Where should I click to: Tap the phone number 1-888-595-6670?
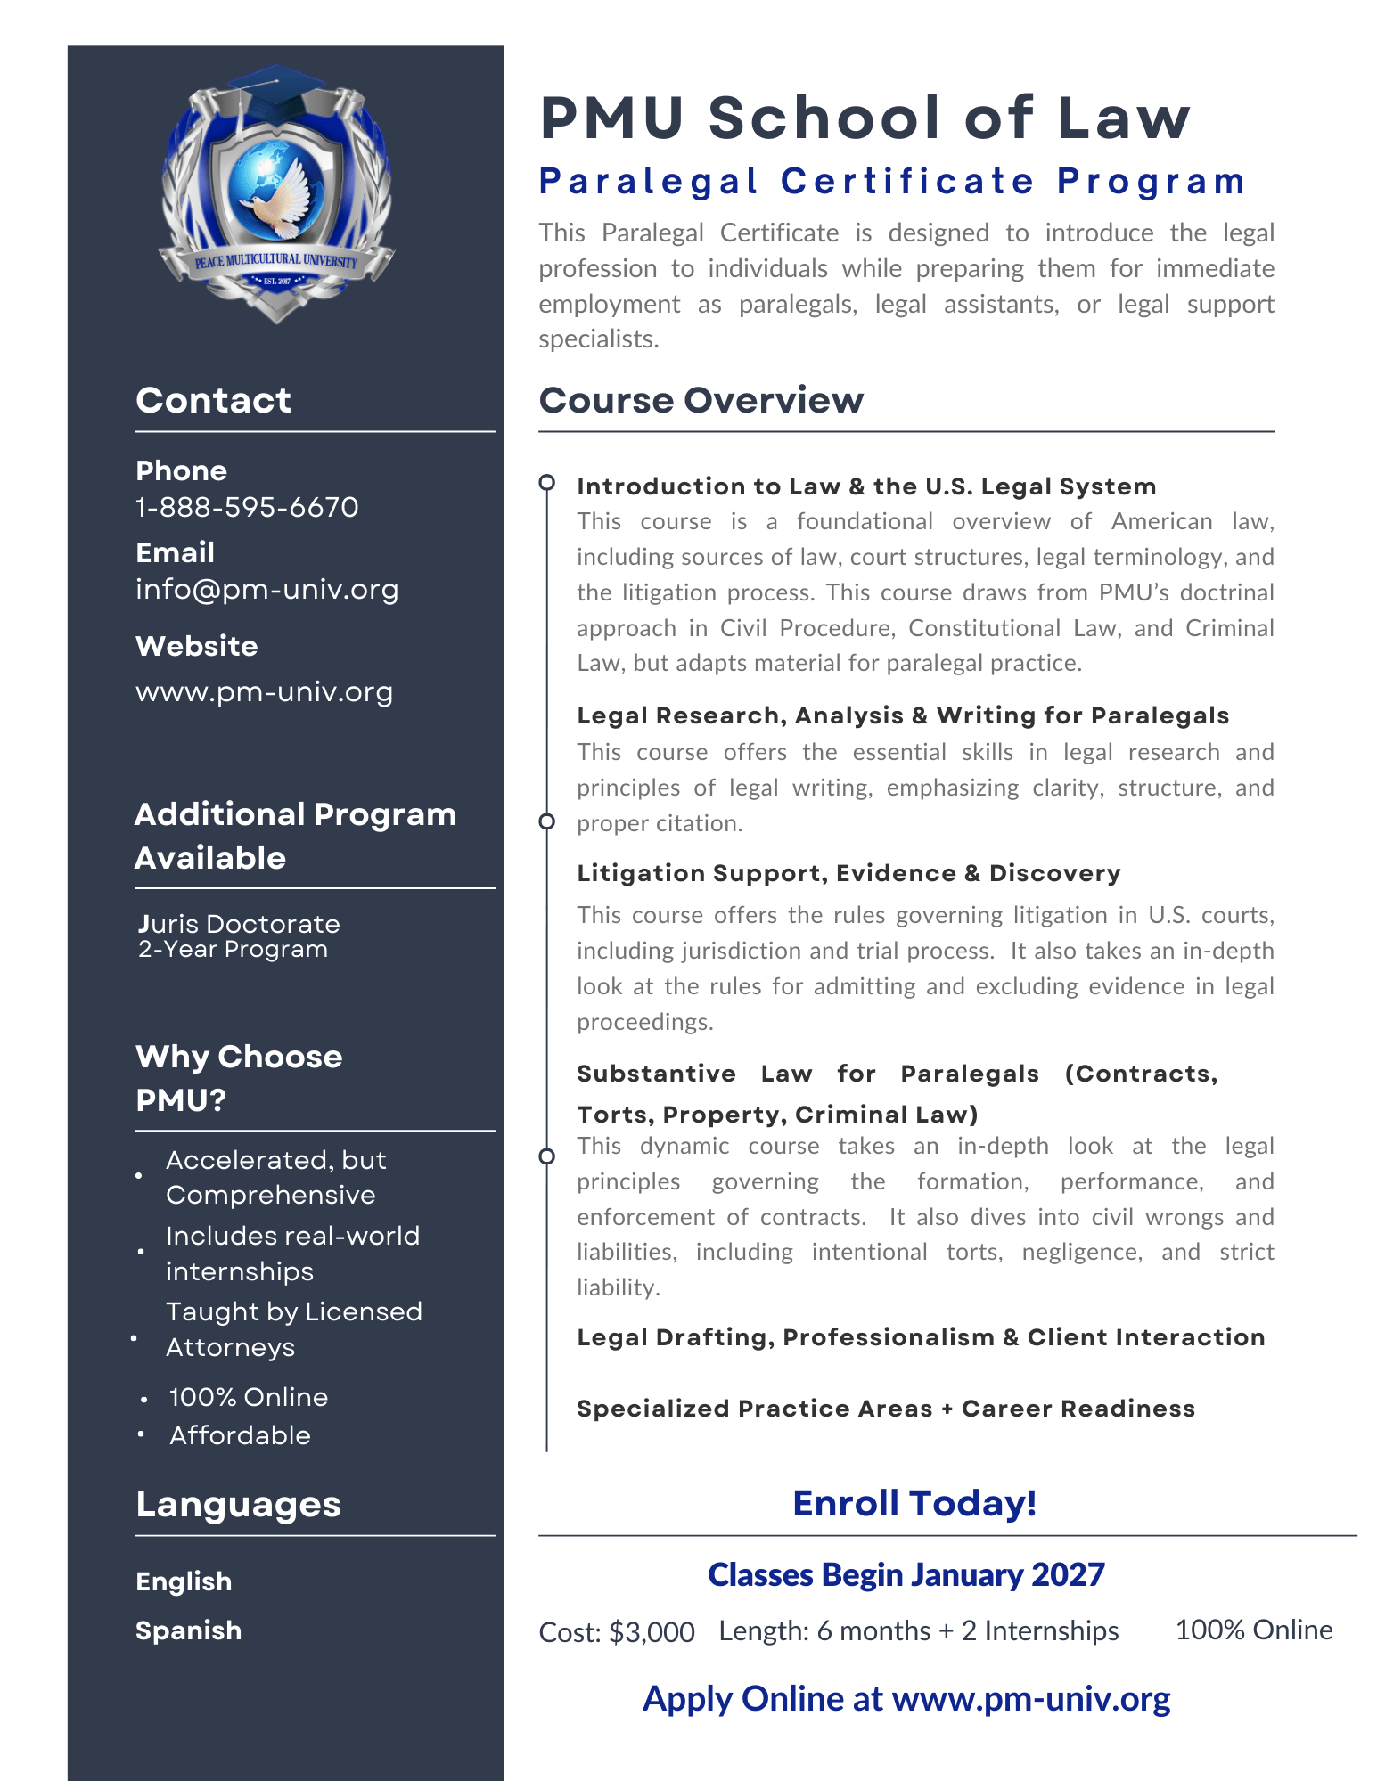coord(247,507)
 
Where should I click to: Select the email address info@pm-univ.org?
coord(266,589)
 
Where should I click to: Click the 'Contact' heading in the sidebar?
coord(213,400)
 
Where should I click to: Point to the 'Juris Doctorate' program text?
coord(239,924)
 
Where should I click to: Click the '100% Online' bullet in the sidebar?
coord(248,1397)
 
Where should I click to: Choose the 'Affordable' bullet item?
coord(240,1435)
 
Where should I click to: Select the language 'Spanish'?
coord(188,1630)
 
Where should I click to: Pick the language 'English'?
coord(184,1581)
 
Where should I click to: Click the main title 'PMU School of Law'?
coord(865,118)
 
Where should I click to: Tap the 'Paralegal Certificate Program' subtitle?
coord(892,182)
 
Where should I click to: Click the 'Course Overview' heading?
coord(701,400)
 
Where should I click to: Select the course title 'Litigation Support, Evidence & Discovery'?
coord(848,873)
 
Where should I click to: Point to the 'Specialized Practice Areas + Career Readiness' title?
coord(885,1409)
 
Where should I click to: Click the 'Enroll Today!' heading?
coord(914,1503)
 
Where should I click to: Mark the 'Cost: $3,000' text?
coord(617,1632)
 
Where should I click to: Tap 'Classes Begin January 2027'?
coord(906,1575)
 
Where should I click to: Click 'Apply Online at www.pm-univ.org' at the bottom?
coord(906,1699)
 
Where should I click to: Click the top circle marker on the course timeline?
coord(547,483)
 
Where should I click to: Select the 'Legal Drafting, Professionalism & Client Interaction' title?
coord(920,1337)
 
